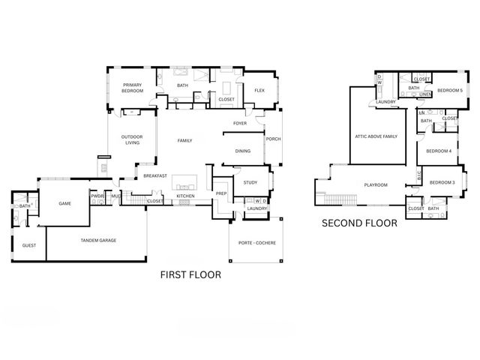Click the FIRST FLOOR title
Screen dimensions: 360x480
click(x=191, y=275)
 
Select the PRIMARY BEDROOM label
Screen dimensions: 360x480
click(x=133, y=88)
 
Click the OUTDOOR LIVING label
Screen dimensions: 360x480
click(x=131, y=139)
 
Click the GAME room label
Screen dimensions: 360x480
click(x=65, y=202)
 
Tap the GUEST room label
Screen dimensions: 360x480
click(x=29, y=245)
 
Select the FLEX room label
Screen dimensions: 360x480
click(x=259, y=91)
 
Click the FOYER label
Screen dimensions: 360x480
click(x=240, y=123)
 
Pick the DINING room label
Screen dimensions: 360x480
click(x=242, y=151)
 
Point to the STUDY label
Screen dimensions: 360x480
click(x=250, y=181)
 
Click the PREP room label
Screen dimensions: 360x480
click(x=221, y=193)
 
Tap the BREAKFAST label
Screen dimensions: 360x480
click(x=155, y=175)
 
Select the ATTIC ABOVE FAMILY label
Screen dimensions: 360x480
click(x=376, y=136)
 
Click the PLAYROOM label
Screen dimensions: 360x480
click(x=375, y=184)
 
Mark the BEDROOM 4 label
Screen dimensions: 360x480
click(x=438, y=151)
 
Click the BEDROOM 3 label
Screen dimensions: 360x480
click(x=442, y=182)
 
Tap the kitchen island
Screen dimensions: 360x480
click(x=184, y=183)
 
